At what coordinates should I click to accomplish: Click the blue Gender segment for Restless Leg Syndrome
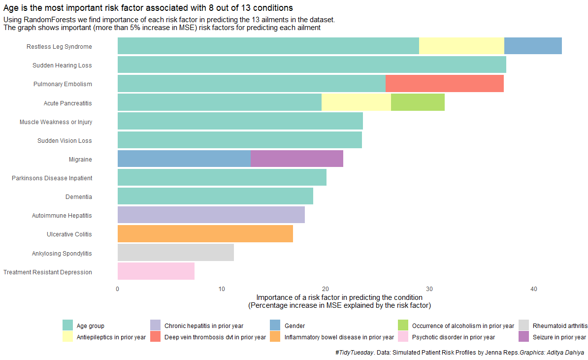pyautogui.click(x=533, y=46)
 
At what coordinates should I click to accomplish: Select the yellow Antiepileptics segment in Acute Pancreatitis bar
pyautogui.click(x=356, y=102)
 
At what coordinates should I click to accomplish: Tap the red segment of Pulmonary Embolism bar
pyautogui.click(x=444, y=84)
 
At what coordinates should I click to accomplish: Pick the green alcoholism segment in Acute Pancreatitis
pyautogui.click(x=418, y=102)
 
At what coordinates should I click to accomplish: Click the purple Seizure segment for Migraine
pyautogui.click(x=297, y=159)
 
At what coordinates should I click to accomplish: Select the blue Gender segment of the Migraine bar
pyautogui.click(x=184, y=159)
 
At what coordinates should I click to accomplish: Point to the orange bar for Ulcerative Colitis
pyautogui.click(x=205, y=234)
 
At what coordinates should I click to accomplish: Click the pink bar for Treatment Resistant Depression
pyautogui.click(x=156, y=271)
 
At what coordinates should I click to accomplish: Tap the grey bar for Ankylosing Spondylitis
pyautogui.click(x=176, y=253)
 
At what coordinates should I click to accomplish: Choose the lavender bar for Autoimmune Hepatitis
pyautogui.click(x=211, y=215)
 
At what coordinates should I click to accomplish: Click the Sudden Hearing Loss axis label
pyautogui.click(x=62, y=65)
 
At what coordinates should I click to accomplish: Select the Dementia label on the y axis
pyautogui.click(x=78, y=197)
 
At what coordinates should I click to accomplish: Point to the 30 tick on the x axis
pyautogui.click(x=429, y=289)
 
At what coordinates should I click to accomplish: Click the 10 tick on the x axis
pyautogui.click(x=222, y=289)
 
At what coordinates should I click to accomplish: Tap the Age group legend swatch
pyautogui.click(x=67, y=326)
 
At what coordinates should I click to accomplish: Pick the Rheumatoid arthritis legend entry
pyautogui.click(x=560, y=326)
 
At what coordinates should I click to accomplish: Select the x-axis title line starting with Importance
pyautogui.click(x=339, y=297)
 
